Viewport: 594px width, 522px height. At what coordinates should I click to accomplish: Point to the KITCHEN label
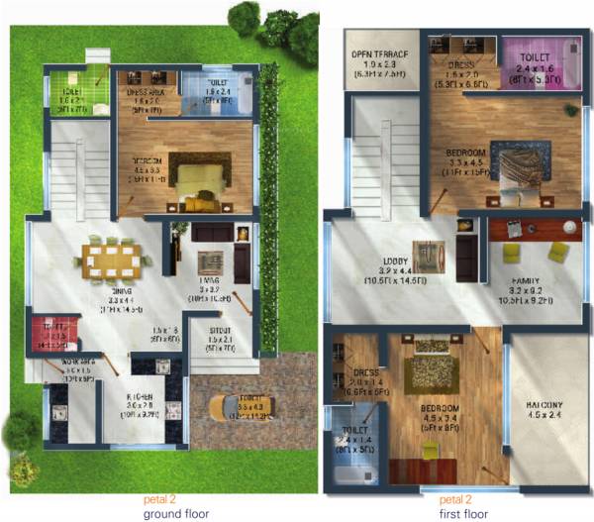tap(139, 395)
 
